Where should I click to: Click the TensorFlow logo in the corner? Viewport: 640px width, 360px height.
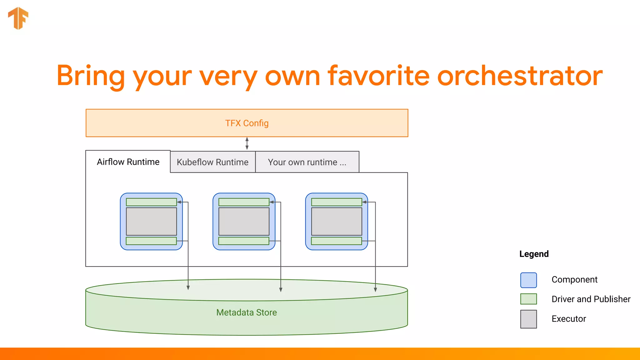(x=18, y=18)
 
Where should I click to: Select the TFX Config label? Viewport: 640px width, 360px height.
(x=247, y=123)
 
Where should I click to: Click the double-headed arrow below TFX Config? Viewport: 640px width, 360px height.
(x=247, y=143)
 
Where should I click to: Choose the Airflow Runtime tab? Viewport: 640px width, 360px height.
(x=128, y=162)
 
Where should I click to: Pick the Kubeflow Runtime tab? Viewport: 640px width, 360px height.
(x=212, y=162)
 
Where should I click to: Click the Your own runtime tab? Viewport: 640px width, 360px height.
(x=307, y=162)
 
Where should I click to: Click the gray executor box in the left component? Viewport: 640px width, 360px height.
(x=151, y=221)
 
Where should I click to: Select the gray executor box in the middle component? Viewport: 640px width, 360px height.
(x=244, y=221)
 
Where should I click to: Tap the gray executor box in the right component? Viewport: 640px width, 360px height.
(x=337, y=221)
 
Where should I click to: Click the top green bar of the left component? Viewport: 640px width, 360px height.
(x=151, y=202)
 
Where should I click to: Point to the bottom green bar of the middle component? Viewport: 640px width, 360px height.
(x=244, y=241)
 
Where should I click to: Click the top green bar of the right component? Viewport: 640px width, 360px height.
(x=337, y=202)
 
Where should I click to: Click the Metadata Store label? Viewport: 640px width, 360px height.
(x=247, y=312)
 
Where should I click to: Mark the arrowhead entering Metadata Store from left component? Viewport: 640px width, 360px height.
(x=188, y=287)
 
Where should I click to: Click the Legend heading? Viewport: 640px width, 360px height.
(x=534, y=254)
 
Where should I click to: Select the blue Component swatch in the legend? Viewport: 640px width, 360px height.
(x=528, y=280)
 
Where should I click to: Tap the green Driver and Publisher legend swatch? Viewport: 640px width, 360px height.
(x=528, y=299)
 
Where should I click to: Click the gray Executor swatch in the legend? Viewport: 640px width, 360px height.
(x=528, y=319)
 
